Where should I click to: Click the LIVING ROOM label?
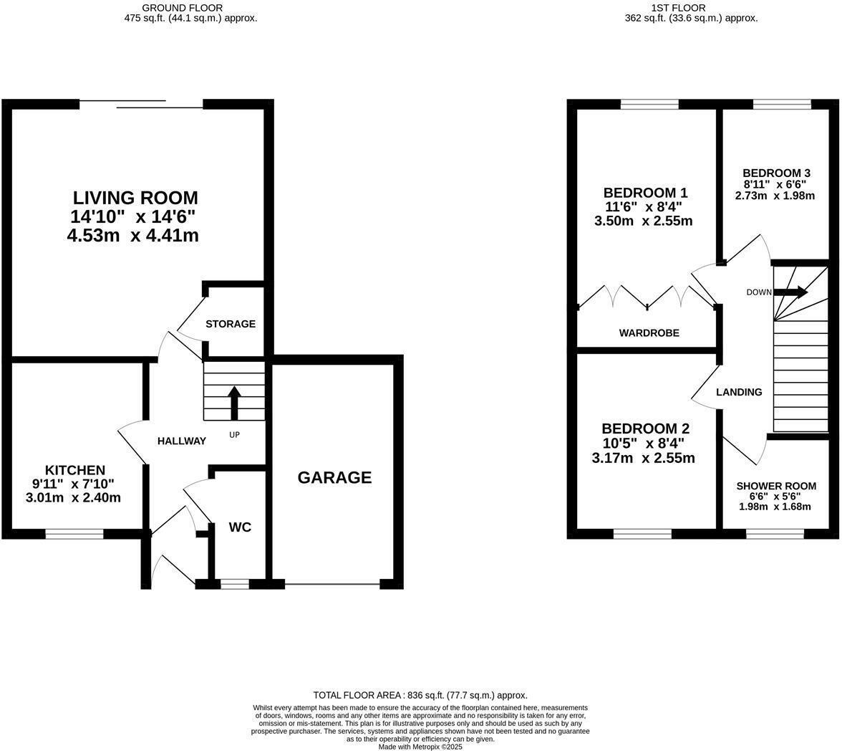(135, 198)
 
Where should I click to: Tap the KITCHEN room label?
(75, 470)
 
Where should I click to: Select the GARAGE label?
(334, 478)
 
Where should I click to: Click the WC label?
(240, 527)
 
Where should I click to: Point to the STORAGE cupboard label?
(231, 324)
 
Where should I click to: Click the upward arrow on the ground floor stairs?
(234, 403)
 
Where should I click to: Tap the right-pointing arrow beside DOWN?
(790, 292)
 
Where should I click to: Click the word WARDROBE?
(649, 333)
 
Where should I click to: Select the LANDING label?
(739, 392)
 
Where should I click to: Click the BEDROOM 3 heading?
(776, 173)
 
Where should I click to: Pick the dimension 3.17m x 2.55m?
(643, 458)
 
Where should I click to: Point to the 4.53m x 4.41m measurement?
(132, 235)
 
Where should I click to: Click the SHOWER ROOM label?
(776, 486)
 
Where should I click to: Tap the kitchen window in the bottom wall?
(74, 534)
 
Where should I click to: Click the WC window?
(234, 585)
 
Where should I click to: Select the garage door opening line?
(332, 585)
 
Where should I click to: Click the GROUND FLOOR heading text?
(190, 8)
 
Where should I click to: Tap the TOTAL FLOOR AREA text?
(420, 695)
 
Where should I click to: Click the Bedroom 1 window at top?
(649, 105)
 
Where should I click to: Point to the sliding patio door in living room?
(141, 105)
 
